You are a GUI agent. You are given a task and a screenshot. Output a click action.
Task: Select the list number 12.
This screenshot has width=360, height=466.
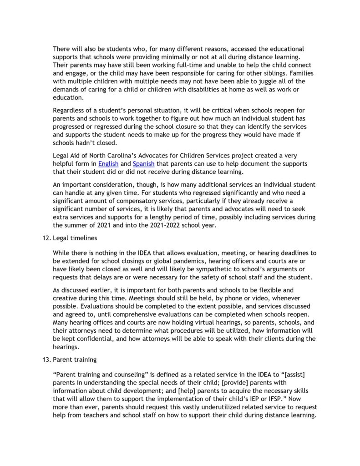(44, 238)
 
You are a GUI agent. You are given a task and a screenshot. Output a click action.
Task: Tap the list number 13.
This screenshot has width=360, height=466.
(44, 359)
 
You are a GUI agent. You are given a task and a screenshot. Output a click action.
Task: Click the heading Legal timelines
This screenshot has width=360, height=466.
(75, 238)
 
